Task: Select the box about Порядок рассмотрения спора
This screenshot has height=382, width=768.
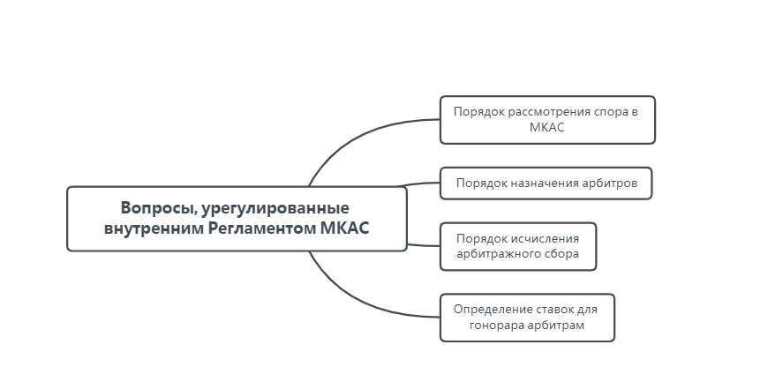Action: pos(547,119)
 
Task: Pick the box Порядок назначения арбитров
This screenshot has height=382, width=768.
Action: pos(546,184)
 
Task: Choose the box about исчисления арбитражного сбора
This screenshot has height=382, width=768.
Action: pos(518,245)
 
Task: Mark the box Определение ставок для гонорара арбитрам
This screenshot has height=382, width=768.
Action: pos(527,318)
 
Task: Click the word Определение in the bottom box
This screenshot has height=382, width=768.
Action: pos(489,310)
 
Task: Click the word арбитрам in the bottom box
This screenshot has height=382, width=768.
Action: pos(558,326)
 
